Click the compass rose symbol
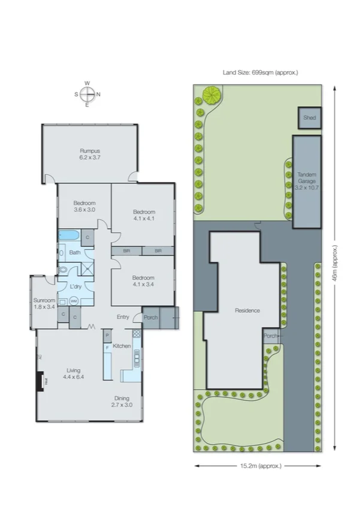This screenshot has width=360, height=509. coord(87,94)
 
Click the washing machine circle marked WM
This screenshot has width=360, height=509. coord(73,301)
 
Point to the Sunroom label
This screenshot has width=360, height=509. coord(44,303)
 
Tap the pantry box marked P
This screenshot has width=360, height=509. coord(107,335)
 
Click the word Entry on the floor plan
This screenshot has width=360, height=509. coord(123,317)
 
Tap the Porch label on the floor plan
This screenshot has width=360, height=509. coord(150,317)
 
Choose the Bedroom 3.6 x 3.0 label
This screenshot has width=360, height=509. coord(84,206)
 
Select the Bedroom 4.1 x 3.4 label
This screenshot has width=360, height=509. coord(143,281)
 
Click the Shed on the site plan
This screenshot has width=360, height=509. coord(310,118)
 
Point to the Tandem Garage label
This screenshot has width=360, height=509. coord(307,180)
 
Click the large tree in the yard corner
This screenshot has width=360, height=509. coord(211,94)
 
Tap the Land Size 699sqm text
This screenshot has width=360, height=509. coord(260,73)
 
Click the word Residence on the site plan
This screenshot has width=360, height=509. coord(246,311)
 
